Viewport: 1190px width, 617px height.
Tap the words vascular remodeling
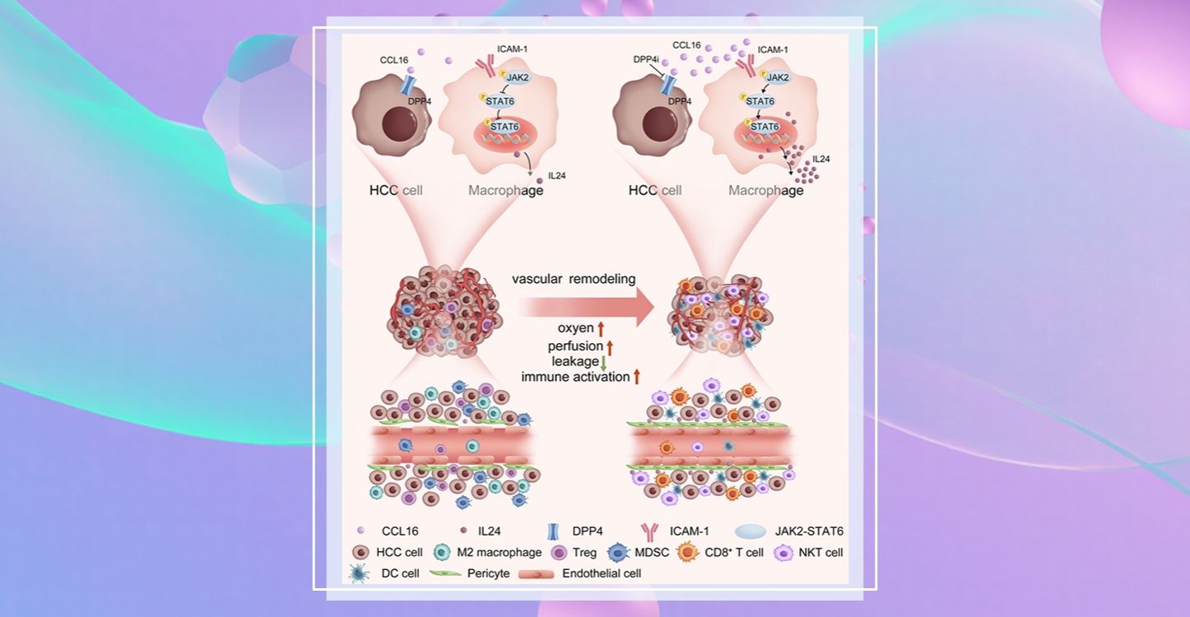click(x=574, y=279)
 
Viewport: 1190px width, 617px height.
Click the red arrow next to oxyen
click(x=602, y=329)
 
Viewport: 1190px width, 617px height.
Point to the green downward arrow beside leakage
click(x=603, y=362)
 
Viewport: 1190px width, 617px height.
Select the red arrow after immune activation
click(x=636, y=377)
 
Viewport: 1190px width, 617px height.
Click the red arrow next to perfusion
click(x=610, y=346)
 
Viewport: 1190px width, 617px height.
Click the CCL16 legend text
click(x=401, y=531)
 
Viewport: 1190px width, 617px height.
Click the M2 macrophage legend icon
click(x=443, y=553)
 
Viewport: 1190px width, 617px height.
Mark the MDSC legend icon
click(x=621, y=553)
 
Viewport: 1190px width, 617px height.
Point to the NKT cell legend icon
click(x=784, y=553)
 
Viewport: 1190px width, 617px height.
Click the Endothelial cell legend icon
click(x=538, y=573)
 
